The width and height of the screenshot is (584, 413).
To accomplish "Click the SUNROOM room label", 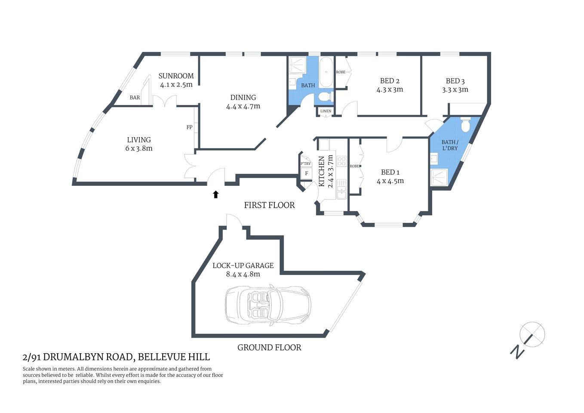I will [x=176, y=76].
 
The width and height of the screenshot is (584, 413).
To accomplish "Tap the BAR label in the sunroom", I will [x=135, y=98].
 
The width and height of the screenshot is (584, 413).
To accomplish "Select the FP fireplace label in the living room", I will [x=189, y=127].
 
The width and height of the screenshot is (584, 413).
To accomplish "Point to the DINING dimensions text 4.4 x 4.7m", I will [x=243, y=106].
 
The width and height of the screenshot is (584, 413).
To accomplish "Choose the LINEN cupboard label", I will [x=326, y=111].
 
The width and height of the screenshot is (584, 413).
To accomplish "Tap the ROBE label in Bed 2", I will [x=341, y=72].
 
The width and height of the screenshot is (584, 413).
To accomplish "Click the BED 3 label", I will [x=455, y=81].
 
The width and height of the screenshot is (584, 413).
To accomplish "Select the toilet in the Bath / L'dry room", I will [x=465, y=125].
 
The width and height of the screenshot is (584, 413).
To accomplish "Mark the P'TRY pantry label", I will [x=305, y=164].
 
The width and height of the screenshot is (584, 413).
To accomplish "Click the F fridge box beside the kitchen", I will [x=306, y=173].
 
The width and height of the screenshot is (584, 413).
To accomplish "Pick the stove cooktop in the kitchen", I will [x=341, y=161].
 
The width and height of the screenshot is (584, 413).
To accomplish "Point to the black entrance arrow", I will [x=216, y=194].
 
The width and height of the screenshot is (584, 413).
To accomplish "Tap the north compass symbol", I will [x=532, y=335].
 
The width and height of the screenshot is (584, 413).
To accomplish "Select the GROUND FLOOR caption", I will [x=269, y=348].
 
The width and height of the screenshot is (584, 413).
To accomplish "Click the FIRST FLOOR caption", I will [x=269, y=205].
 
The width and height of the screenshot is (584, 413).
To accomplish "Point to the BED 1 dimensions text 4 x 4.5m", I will [x=390, y=181].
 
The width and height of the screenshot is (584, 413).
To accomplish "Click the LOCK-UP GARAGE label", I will [x=243, y=265].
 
